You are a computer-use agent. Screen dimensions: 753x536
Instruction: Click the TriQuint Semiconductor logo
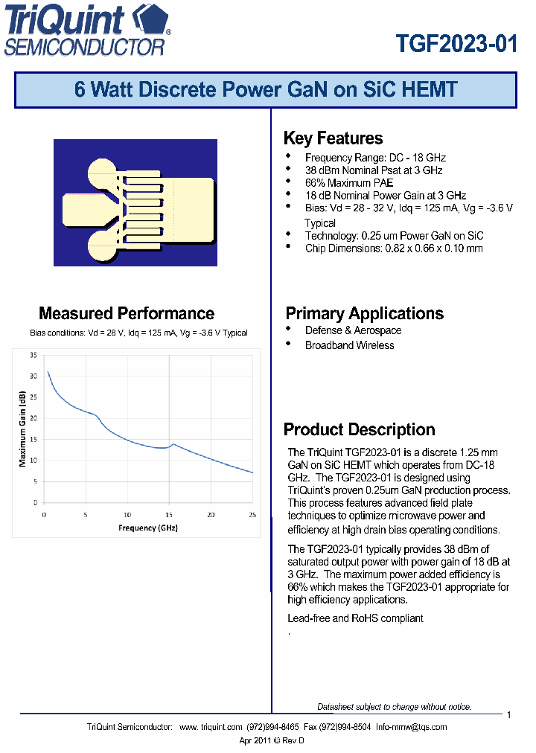(88, 31)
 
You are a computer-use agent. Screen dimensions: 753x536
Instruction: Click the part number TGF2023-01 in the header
(456, 44)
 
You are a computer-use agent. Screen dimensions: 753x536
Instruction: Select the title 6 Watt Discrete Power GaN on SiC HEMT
(266, 91)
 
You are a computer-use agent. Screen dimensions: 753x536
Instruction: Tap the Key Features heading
(333, 138)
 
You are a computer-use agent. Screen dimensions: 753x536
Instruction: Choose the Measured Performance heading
(127, 313)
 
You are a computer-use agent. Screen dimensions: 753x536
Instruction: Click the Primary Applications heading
(364, 313)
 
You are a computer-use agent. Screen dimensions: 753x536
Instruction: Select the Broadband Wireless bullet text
(349, 345)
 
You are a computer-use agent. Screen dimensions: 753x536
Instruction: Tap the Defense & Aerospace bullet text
(353, 330)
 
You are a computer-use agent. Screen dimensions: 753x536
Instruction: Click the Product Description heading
(359, 429)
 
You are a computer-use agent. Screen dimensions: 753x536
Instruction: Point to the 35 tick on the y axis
(33, 355)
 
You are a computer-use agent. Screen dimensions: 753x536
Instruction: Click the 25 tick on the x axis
(252, 515)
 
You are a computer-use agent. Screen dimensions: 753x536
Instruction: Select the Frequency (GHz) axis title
(148, 528)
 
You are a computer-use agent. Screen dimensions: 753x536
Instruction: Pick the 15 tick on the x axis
(169, 515)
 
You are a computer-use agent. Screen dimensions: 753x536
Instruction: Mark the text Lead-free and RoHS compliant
(355, 618)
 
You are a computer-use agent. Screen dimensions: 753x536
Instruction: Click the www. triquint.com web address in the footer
(211, 727)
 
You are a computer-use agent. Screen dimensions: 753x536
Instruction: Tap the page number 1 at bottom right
(508, 715)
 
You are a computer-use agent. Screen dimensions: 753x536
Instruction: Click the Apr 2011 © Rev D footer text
(272, 740)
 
